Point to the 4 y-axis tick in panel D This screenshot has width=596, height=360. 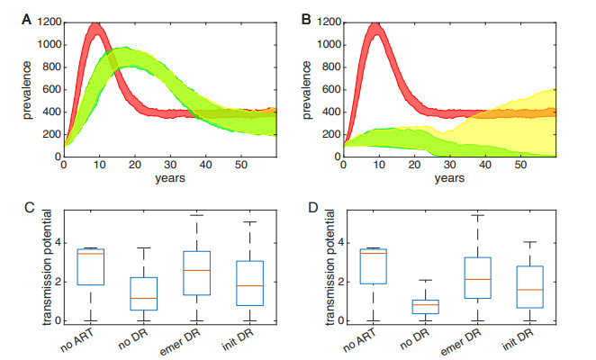(x=338, y=243)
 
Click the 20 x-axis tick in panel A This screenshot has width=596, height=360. (x=134, y=166)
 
